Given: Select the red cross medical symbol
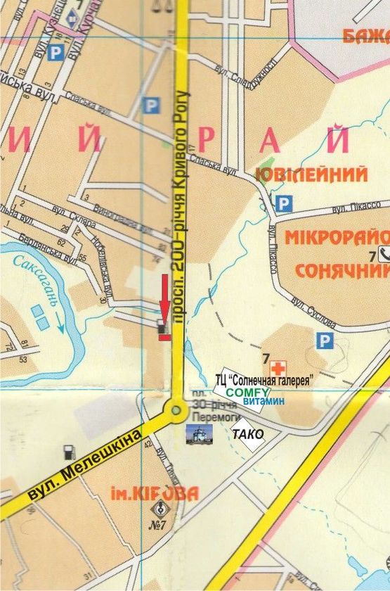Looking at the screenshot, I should coord(279,367).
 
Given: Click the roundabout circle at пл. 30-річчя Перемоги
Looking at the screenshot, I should coord(176,409).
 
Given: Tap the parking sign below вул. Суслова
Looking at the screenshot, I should coord(324,341).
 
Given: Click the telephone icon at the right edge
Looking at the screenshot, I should coord(384,255).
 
